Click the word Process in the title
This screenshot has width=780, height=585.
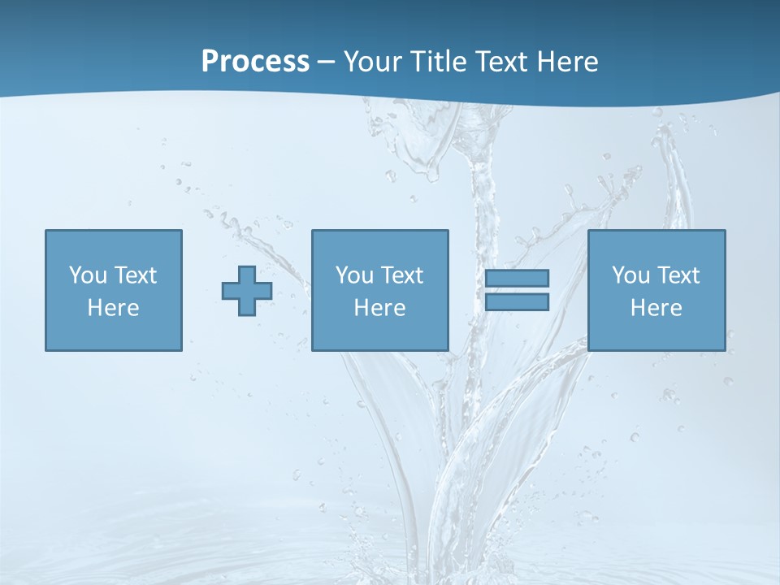coord(255,62)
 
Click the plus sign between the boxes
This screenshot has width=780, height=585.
coord(247,291)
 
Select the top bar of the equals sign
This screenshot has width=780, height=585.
coord(517,279)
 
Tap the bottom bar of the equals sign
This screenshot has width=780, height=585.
coord(517,301)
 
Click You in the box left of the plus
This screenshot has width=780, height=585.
coord(88,275)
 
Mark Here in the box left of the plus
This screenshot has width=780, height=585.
coord(113,308)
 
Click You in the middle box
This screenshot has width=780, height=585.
coord(354,275)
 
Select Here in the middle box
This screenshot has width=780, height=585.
coord(379,308)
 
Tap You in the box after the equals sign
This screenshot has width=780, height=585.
coord(630,275)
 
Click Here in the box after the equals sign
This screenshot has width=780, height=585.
coord(656,308)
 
